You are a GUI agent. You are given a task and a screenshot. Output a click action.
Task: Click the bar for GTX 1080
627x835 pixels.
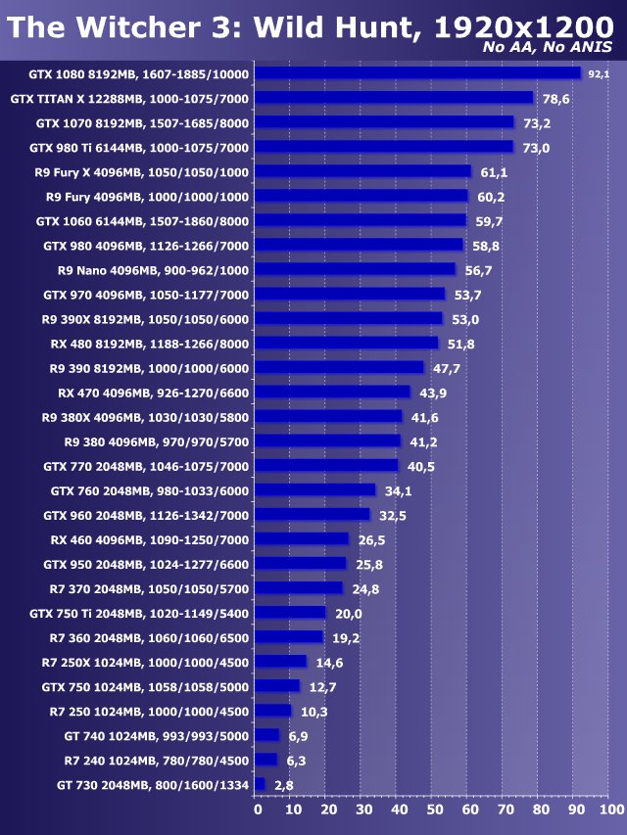point(418,73)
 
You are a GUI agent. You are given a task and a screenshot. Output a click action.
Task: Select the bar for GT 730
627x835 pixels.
point(260,784)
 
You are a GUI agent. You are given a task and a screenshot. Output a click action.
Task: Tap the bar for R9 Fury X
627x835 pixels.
point(363,171)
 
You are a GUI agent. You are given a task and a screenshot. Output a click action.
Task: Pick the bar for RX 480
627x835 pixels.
point(347,343)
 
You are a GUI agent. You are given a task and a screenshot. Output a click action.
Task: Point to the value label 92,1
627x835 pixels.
point(598,74)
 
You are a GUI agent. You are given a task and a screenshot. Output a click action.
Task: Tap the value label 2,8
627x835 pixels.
point(284,785)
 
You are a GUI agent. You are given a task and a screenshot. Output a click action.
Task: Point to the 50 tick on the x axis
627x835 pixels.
point(434,810)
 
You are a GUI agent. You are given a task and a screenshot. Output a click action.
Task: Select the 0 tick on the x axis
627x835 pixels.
point(257,810)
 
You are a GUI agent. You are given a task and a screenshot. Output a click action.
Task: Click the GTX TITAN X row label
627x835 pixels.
point(129,99)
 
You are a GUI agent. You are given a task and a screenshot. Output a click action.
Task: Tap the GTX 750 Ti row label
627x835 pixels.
point(139,613)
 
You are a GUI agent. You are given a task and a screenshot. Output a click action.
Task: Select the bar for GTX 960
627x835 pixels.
point(313,515)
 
